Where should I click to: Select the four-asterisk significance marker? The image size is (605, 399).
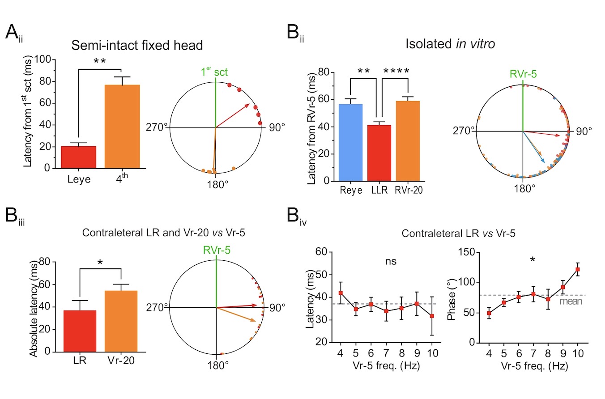click(394, 72)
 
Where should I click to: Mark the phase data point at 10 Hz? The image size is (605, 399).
click(577, 269)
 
